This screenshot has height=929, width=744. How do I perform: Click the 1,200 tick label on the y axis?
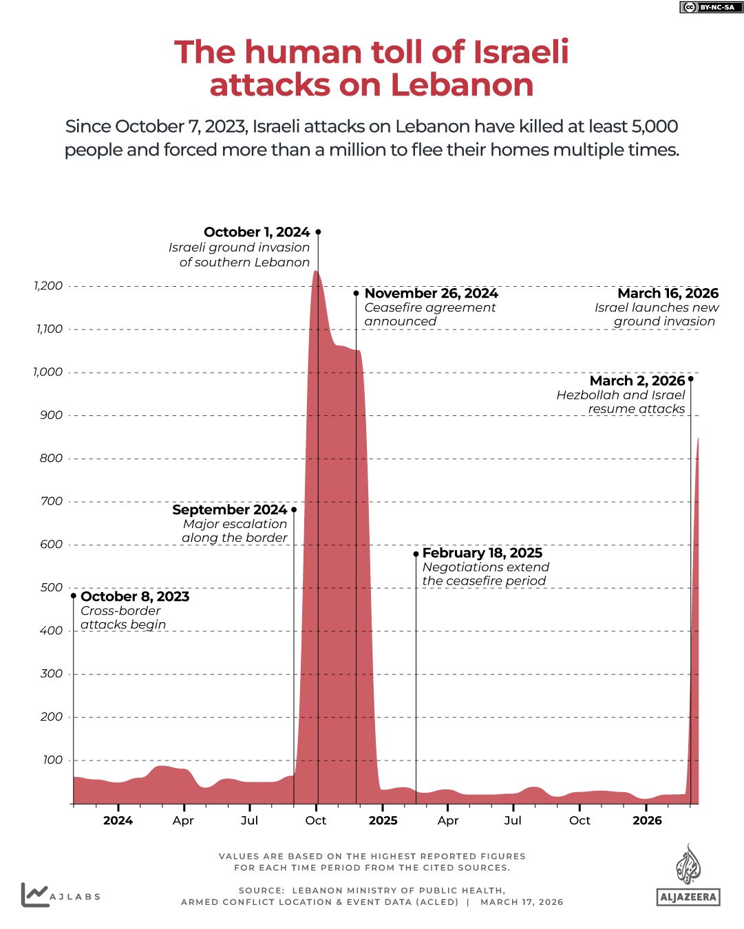(x=48, y=285)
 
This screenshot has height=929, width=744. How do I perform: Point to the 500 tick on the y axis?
(x=52, y=587)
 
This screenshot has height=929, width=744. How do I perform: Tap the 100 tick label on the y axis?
(x=52, y=760)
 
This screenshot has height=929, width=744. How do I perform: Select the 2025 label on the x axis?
(x=383, y=820)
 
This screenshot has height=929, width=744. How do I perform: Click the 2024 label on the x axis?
(x=118, y=820)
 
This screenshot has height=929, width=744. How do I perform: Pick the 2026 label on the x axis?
(x=647, y=820)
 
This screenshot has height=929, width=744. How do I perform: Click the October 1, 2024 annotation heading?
(x=257, y=232)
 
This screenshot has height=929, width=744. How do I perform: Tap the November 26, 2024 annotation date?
(x=431, y=294)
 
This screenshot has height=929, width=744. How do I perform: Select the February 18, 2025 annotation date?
(x=482, y=553)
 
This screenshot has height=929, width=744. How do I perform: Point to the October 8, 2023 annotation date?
(x=135, y=596)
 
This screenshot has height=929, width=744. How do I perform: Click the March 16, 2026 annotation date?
(x=668, y=294)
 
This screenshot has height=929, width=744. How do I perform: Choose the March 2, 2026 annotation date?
(x=637, y=381)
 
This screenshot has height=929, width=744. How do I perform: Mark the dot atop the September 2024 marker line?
(x=294, y=510)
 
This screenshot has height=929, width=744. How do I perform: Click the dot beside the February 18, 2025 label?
(x=416, y=554)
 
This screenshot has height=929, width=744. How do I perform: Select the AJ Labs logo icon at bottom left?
(x=34, y=895)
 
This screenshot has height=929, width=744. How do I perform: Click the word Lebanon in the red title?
(x=462, y=85)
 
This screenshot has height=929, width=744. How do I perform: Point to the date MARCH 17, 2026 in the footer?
(x=522, y=902)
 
